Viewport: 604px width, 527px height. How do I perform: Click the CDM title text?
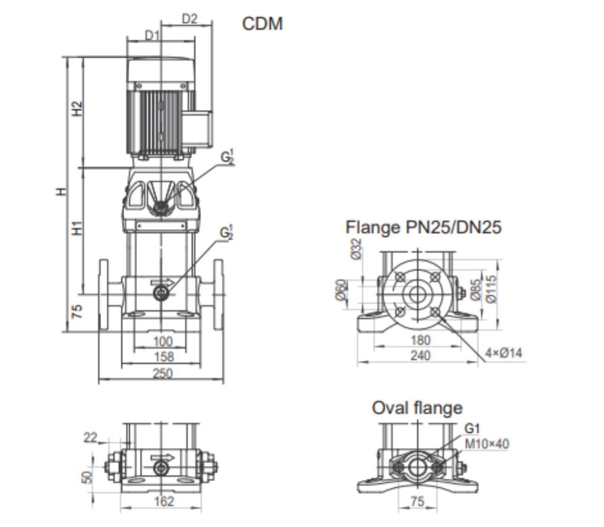(262, 24)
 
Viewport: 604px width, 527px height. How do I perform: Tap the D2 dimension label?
(190, 19)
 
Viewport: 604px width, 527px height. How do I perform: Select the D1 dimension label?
(152, 35)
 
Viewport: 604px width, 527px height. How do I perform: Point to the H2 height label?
(77, 109)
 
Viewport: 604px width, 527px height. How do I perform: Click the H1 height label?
(77, 228)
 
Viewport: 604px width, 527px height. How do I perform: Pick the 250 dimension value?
(162, 373)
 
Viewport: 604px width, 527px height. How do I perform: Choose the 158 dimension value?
(164, 357)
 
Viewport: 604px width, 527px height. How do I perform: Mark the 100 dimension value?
(162, 341)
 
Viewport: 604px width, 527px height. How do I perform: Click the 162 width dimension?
(164, 501)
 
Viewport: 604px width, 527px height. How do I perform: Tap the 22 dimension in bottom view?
(90, 438)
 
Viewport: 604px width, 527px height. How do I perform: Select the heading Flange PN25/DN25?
(423, 227)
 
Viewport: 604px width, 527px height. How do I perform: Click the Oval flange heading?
(417, 408)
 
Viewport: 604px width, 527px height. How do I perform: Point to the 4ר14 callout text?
(504, 353)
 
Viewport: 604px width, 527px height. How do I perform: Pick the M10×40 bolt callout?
(487, 444)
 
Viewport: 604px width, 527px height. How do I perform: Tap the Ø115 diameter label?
(490, 289)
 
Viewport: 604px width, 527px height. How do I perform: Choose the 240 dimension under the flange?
(420, 355)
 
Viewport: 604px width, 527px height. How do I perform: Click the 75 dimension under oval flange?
(417, 501)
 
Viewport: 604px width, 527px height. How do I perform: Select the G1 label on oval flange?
(472, 429)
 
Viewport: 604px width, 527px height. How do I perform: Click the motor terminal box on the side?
(200, 128)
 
